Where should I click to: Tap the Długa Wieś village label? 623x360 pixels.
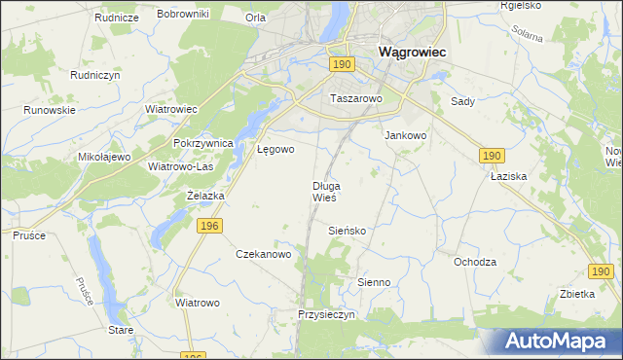tap(325, 192)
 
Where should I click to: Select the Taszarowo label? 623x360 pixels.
tap(357, 99)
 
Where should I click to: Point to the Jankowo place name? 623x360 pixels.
tap(406, 136)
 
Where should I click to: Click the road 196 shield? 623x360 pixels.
tap(205, 226)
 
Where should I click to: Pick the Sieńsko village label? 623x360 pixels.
tap(347, 232)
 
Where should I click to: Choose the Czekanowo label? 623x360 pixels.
tap(264, 254)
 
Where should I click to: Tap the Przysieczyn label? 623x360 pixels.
tap(329, 315)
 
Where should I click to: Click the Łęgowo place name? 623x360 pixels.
tap(275, 150)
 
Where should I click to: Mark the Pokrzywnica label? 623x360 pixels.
tap(203, 143)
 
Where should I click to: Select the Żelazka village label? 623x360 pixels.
tap(205, 196)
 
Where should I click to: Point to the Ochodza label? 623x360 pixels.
tap(475, 262)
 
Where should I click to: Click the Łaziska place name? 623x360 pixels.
tap(508, 178)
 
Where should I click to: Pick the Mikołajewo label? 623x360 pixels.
tap(104, 157)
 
